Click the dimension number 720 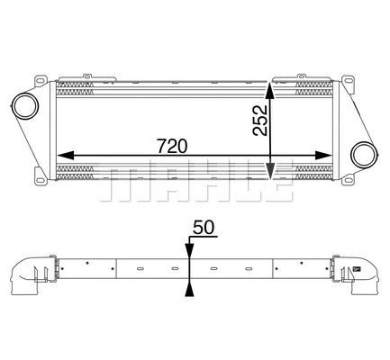pos(173,146)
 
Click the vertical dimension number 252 pos(260,120)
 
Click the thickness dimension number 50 pos(204,227)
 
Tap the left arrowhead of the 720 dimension pos(66,155)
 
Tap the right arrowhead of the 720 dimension pos(323,155)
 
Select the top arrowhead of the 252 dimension pos(269,91)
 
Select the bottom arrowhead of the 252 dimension pos(270,171)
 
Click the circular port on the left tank pos(25,106)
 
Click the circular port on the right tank pos(365,155)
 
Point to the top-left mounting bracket pos(41,81)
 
